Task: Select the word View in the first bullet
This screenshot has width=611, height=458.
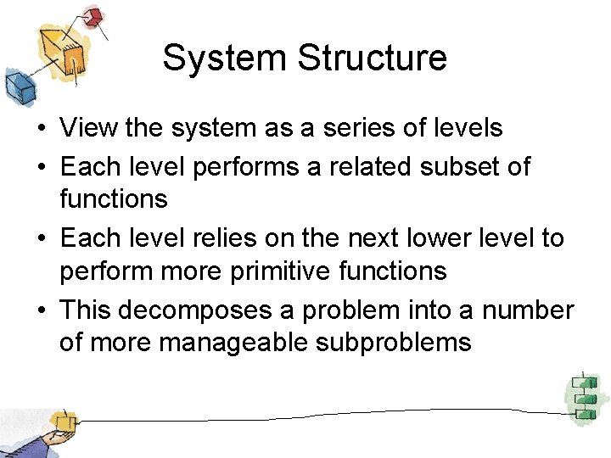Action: pyautogui.click(x=89, y=128)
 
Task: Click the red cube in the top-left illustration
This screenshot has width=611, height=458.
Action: pyautogui.click(x=93, y=18)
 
